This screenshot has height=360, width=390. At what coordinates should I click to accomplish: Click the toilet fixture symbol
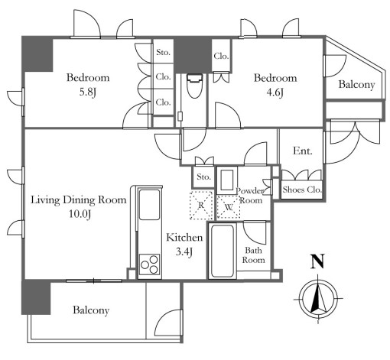[x=194, y=86]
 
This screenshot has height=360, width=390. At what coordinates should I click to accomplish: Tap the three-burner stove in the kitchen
[x=150, y=264]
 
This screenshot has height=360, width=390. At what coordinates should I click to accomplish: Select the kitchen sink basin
[x=149, y=204]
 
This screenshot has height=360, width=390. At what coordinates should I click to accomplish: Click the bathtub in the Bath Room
[x=221, y=251]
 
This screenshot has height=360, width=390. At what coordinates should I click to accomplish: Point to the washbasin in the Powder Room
[x=226, y=180]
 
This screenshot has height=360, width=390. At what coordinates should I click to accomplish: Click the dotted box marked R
[x=201, y=205]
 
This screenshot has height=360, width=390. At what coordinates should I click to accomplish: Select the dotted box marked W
[x=229, y=207]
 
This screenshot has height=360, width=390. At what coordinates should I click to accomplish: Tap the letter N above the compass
[x=317, y=261]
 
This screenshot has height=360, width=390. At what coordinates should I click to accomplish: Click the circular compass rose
[x=318, y=298]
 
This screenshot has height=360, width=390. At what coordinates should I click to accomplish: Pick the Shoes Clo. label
[x=302, y=190]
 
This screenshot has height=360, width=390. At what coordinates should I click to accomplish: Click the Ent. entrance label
[x=303, y=151]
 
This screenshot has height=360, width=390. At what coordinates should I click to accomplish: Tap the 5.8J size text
[x=88, y=92]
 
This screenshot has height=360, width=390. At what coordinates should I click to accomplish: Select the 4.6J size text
[x=275, y=92]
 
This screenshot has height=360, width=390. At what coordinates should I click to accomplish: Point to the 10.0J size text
[x=80, y=214]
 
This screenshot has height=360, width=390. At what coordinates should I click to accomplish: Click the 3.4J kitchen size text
[x=184, y=251]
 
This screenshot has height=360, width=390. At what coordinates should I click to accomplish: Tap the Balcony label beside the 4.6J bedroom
[x=356, y=85]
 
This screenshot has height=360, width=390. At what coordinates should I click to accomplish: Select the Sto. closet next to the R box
[x=203, y=177]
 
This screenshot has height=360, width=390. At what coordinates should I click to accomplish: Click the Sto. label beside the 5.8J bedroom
[x=163, y=52]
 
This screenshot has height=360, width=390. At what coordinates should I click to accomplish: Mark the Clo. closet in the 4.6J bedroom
[x=221, y=56]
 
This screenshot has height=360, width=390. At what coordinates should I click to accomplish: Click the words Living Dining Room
[x=79, y=199]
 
